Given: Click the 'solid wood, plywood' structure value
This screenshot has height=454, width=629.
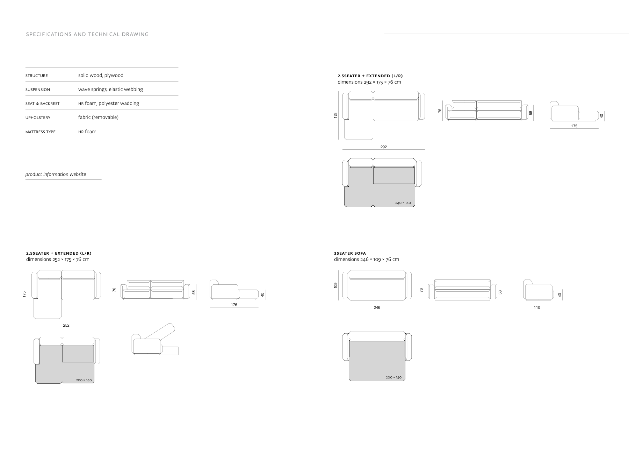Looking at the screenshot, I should pyautogui.click(x=101, y=75).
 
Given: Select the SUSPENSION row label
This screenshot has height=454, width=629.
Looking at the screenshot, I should pyautogui.click(x=38, y=90).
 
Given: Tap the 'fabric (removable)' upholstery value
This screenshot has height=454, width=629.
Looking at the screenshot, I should pyautogui.click(x=98, y=117).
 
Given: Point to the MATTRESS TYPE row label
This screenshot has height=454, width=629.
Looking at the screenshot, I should pyautogui.click(x=41, y=132).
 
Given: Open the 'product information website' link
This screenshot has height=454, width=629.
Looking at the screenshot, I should pyautogui.click(x=56, y=174).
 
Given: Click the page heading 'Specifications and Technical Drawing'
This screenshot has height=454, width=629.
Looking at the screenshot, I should pyautogui.click(x=87, y=34).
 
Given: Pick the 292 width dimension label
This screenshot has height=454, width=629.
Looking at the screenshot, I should pyautogui.click(x=383, y=147).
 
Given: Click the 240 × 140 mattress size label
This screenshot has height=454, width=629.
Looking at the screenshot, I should pyautogui.click(x=403, y=203).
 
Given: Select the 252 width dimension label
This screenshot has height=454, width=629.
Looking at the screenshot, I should pyautogui.click(x=66, y=325).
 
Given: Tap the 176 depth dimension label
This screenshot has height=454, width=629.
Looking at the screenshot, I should pyautogui.click(x=234, y=305).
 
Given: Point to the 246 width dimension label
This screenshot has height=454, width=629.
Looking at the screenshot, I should pyautogui.click(x=377, y=307).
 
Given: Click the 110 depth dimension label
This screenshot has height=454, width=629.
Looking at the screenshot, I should pyautogui.click(x=537, y=307).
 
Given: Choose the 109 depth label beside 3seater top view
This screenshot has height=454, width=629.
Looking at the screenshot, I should pyautogui.click(x=335, y=285).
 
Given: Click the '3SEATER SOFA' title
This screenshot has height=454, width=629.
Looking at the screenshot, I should pyautogui.click(x=350, y=253).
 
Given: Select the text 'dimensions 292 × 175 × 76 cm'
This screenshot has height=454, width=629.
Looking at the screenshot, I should pyautogui.click(x=369, y=82).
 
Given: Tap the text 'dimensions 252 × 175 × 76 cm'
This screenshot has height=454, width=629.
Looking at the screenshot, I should pyautogui.click(x=58, y=259).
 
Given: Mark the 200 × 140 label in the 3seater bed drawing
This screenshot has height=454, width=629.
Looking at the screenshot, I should pyautogui.click(x=393, y=377).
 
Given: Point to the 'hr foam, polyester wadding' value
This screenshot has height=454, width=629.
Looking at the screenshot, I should pyautogui.click(x=109, y=103).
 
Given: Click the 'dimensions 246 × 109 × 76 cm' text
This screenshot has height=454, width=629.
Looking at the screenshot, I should pyautogui.click(x=366, y=259).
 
